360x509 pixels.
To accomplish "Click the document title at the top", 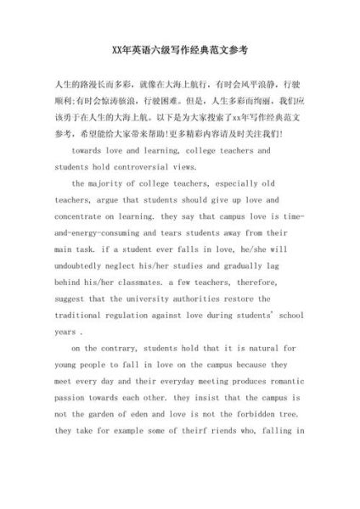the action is point(180,52).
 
